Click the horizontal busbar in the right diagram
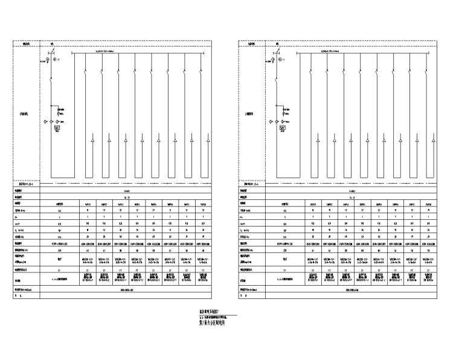point(362,53)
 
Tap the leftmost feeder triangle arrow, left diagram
point(92,141)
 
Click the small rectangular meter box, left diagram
point(57,128)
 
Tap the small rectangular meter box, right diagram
point(281,128)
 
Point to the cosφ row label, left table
point(19,223)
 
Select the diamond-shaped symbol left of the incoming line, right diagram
point(269,122)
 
